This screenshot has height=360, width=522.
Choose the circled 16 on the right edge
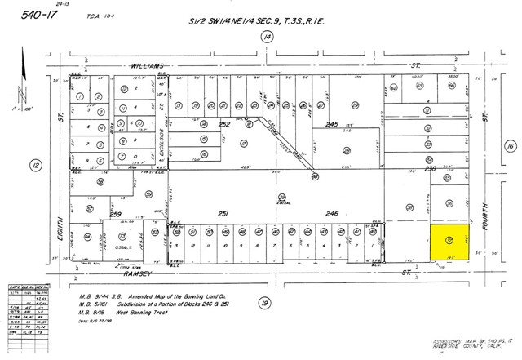pos(510,145)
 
